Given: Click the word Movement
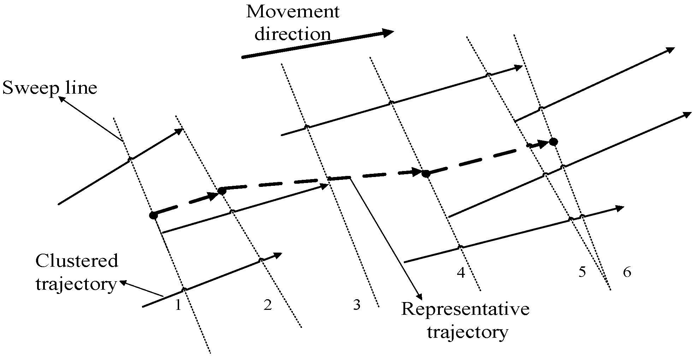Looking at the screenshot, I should (x=293, y=12).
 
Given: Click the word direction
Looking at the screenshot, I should (x=293, y=34).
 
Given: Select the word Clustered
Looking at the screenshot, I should (x=77, y=261).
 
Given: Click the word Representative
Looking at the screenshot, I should (x=465, y=309).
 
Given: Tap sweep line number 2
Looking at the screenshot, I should (x=268, y=305).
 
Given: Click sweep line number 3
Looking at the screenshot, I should (x=357, y=305).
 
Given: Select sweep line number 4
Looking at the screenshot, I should (x=461, y=272).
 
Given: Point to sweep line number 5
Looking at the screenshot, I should (x=582, y=272).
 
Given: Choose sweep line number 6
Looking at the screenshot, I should (x=627, y=272).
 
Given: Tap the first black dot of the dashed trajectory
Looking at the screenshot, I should (x=153, y=215).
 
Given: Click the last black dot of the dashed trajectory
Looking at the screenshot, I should (x=553, y=142).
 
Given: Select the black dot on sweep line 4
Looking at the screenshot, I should (x=426, y=173).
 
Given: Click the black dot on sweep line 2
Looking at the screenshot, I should (x=221, y=191).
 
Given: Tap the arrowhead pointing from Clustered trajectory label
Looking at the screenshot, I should (x=123, y=282).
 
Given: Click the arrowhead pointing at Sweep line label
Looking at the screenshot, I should (x=62, y=100).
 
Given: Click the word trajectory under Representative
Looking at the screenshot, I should (x=467, y=332).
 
